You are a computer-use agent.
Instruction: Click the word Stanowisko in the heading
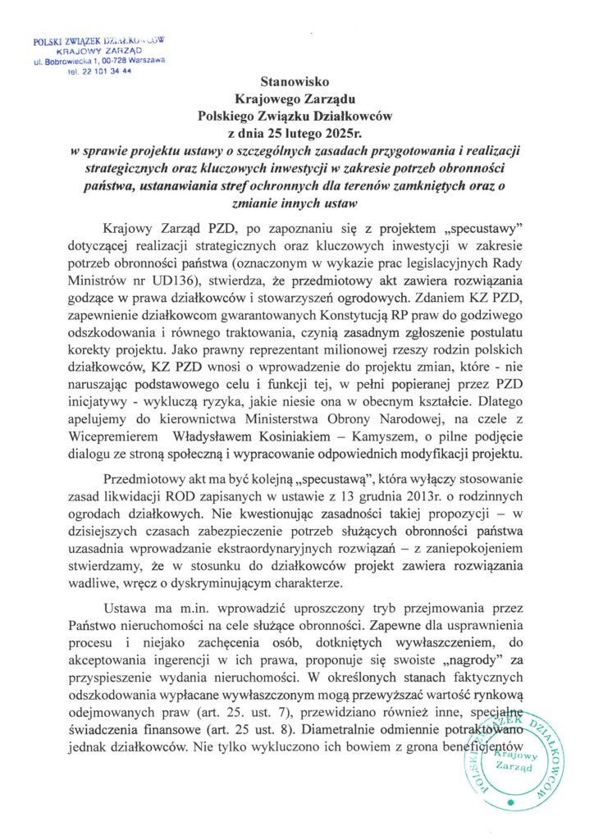pyautogui.click(x=296, y=83)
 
